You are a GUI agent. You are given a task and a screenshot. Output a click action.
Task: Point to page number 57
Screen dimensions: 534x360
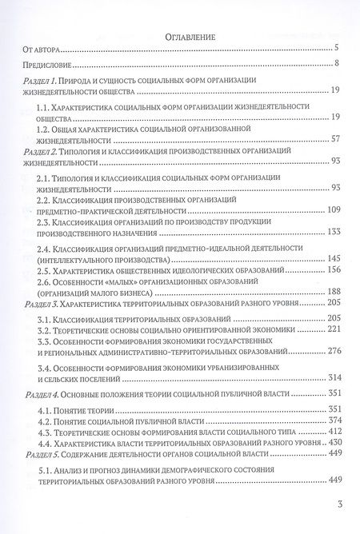[x=336, y=138]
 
